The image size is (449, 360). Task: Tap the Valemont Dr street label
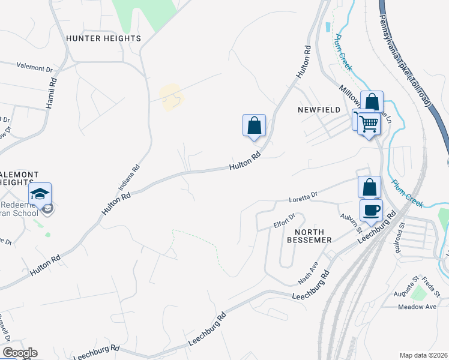tap(35, 67)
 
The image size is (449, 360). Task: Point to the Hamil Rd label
tap(53, 92)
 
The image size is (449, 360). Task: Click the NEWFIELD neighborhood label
tap(319, 110)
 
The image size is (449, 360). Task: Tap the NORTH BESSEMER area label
tap(313, 236)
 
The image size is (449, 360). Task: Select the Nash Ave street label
tap(308, 274)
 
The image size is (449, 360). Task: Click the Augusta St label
tap(406, 286)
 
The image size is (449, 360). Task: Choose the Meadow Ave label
tap(418, 307)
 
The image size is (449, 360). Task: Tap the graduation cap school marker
tap(40, 193)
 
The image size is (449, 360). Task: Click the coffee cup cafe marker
tap(370, 210)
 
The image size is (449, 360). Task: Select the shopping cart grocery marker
tap(369, 124)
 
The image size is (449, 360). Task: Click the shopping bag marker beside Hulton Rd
tap(254, 125)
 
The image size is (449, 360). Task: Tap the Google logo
tap(19, 353)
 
